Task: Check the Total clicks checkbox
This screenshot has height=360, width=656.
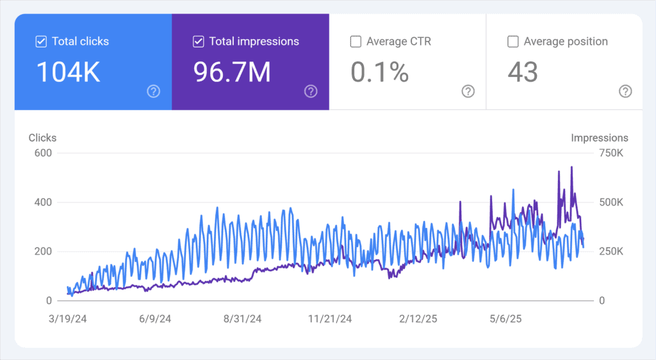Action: click(41, 42)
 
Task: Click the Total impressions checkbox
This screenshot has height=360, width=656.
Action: click(198, 42)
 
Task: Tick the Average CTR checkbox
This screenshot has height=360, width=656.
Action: click(356, 42)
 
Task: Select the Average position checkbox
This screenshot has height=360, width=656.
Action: click(512, 42)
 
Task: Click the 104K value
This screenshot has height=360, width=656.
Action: click(68, 72)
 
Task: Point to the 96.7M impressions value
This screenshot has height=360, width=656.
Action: click(232, 72)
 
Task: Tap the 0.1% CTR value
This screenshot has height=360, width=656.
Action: click(379, 72)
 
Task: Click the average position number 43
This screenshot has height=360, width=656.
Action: click(523, 72)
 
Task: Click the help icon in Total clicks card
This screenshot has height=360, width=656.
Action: click(153, 92)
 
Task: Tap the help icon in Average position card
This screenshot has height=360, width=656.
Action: click(625, 92)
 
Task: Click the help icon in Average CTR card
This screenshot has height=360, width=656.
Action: click(468, 92)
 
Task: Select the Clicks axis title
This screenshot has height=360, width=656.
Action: click(42, 138)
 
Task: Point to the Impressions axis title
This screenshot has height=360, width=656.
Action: click(600, 138)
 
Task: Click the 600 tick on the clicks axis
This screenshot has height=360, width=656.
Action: click(43, 153)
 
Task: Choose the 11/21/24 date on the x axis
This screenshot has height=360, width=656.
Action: click(330, 319)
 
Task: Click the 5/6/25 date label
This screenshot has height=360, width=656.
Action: click(507, 319)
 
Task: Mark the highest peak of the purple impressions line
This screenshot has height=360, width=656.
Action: click(571, 167)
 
